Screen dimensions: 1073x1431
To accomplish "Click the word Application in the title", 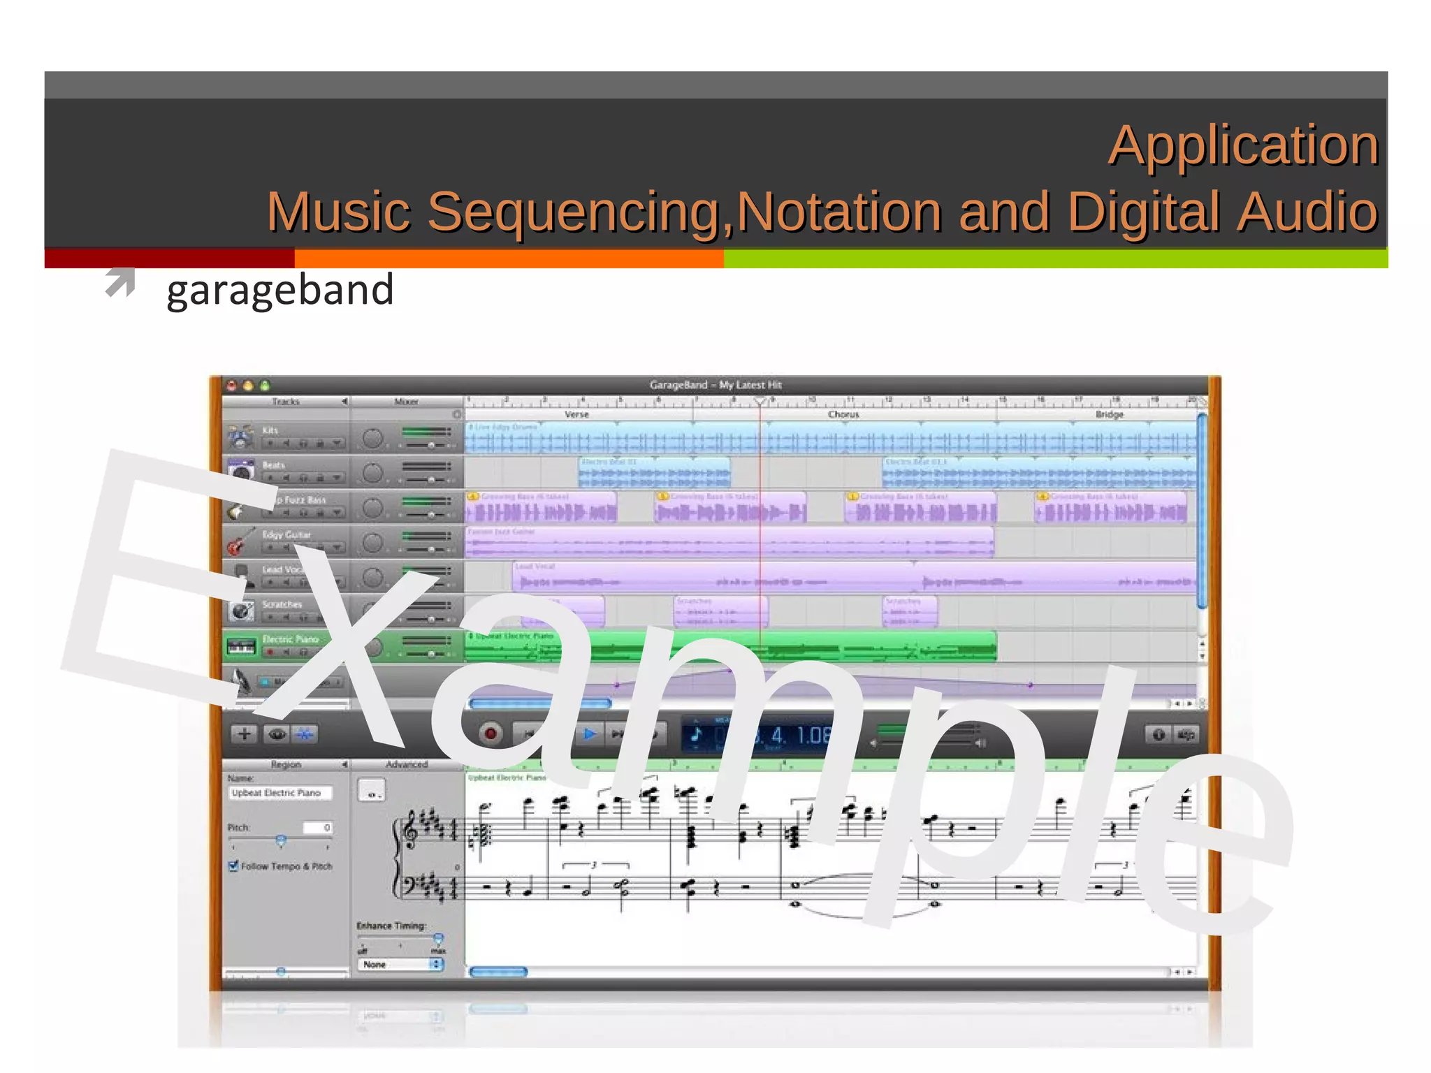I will pos(1242,145).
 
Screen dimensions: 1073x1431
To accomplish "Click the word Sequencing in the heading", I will pos(574,211).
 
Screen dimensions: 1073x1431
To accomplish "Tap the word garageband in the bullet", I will pos(280,290).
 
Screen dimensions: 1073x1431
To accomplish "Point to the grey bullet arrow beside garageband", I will pos(120,283).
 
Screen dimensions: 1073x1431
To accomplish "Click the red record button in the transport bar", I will pos(491,734).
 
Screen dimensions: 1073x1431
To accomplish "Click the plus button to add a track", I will pos(244,734).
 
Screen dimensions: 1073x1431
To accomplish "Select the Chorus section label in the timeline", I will pos(843,414).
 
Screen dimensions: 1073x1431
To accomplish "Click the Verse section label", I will pos(576,414).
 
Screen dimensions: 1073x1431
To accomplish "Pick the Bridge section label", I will pos(1109,414).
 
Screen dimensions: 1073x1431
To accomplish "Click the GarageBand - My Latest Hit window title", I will pos(715,385).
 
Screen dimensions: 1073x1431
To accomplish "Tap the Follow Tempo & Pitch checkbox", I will pos(234,866).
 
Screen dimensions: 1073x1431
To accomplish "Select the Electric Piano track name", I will pos(290,639).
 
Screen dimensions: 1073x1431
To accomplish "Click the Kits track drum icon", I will pos(240,437).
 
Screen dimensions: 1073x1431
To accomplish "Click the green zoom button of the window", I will pos(265,386).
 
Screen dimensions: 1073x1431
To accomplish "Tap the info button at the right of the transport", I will pos(1158,734).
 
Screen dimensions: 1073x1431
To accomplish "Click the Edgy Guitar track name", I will pos(286,534).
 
